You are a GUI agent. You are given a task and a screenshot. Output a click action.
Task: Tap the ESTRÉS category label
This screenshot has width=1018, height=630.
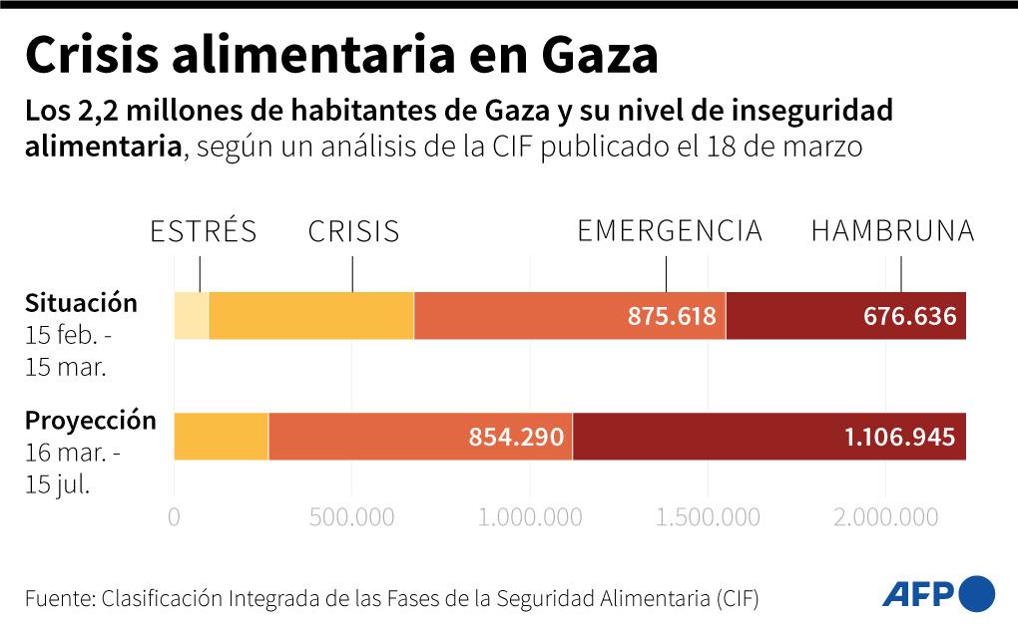pos(203,232)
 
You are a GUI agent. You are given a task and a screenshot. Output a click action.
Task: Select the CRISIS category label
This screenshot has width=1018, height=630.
pos(353,232)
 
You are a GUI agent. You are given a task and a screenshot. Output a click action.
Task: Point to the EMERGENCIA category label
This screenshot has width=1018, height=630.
pos(670,231)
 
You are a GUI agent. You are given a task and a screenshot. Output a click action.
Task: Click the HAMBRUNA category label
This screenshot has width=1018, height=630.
pos(892,231)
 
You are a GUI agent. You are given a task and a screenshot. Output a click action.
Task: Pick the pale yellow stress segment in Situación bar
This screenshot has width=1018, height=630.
pos(191,317)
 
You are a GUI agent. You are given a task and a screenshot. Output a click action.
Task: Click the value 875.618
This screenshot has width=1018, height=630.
pos(672,317)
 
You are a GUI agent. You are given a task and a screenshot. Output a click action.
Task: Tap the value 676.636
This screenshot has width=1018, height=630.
pos(910,317)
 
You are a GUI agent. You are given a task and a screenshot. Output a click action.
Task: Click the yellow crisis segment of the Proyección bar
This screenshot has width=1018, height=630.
pos(221,437)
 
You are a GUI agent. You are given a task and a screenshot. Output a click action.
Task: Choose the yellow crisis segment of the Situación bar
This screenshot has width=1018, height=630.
pos(310,317)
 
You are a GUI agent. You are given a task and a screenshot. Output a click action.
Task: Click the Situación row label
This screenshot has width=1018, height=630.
pos(81,302)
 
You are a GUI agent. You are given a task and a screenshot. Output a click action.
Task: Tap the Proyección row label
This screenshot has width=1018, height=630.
pos(91,421)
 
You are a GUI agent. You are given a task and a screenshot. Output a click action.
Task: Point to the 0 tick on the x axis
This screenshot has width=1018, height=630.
pos(175,517)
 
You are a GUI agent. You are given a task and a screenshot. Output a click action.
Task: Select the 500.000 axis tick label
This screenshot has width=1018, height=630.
pos(352,517)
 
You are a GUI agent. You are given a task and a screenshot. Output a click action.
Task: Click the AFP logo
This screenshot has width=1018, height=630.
pos(938,594)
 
